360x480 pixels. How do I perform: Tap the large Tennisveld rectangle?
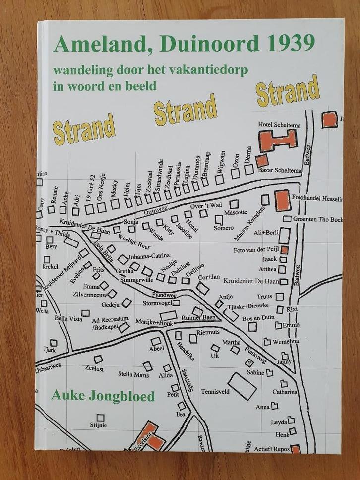coord(242,384)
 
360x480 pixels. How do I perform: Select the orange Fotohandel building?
coord(282,200)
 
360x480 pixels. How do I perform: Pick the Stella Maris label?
coord(133,374)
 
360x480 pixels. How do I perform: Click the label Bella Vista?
coord(68,319)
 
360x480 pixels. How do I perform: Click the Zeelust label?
coord(94,369)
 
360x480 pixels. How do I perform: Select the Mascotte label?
coord(236,212)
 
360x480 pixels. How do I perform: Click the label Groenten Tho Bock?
coord(318,219)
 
